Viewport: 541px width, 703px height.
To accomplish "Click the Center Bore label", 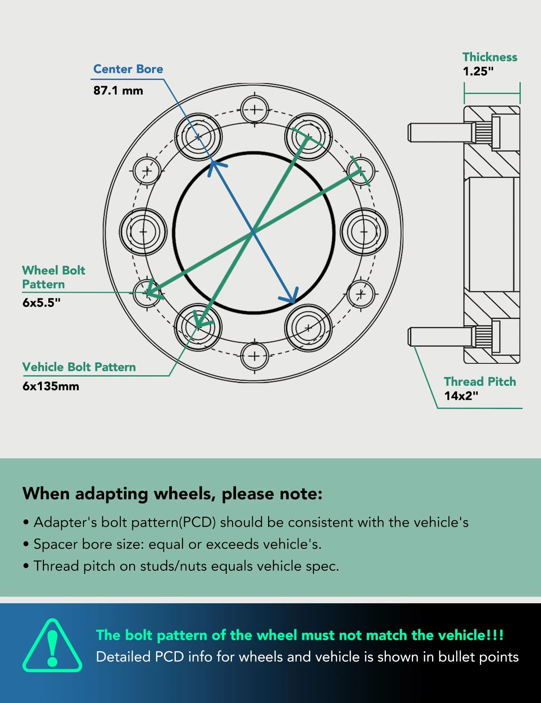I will (x=128, y=69).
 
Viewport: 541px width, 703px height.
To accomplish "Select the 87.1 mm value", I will (x=118, y=91).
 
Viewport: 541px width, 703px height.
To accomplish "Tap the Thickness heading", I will (x=490, y=57).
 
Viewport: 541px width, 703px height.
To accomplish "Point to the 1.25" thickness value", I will (x=478, y=72).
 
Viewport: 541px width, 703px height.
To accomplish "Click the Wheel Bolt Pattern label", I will (x=54, y=277).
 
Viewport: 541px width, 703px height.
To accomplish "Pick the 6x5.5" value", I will (x=41, y=303).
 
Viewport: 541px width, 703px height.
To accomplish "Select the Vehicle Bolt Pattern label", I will (x=79, y=367).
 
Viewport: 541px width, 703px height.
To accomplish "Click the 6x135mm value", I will (x=51, y=387).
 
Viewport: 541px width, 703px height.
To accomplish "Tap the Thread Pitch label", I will (x=480, y=381).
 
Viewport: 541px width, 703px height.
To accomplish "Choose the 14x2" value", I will (x=461, y=396).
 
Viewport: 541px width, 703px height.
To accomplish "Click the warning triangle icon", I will (x=52, y=646).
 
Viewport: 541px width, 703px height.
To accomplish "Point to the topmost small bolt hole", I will (x=254, y=109).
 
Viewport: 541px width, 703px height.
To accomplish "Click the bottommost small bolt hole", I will (x=254, y=356).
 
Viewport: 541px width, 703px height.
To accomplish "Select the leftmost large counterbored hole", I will (x=143, y=232).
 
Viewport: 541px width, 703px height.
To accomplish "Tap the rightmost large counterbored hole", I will (x=364, y=232).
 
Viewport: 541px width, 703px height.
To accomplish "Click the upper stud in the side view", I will (x=439, y=132).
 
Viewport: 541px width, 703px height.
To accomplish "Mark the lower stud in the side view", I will (x=439, y=337).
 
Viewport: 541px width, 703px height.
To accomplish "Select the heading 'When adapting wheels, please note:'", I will (x=172, y=494).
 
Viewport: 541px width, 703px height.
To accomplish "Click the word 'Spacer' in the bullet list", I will (x=55, y=544).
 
